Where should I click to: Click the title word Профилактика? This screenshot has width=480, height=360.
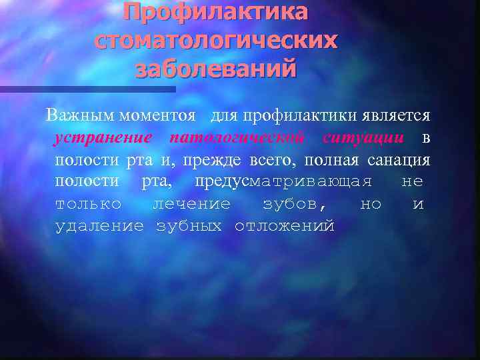click(215, 13)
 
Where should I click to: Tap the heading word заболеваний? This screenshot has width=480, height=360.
click(215, 68)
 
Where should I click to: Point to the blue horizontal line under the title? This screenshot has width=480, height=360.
click(87, 89)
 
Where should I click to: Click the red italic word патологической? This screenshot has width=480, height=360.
click(238, 138)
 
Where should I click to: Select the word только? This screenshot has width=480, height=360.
click(89, 204)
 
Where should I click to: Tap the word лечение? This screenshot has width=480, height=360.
click(191, 204)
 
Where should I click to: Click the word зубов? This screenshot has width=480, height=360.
click(294, 204)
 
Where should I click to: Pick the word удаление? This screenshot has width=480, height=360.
click(99, 226)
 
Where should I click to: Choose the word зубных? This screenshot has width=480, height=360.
click(189, 226)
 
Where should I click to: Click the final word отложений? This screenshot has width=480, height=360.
click(284, 226)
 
